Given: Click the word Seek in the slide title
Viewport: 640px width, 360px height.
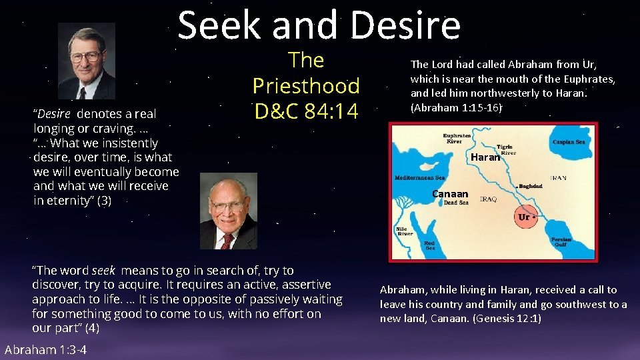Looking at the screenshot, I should pyautogui.click(x=218, y=26).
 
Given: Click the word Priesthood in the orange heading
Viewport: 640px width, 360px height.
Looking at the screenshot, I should pyautogui.click(x=306, y=86).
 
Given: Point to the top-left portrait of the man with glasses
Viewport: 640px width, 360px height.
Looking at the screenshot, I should pyautogui.click(x=86, y=61).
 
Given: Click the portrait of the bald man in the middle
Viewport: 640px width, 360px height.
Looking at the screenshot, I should pyautogui.click(x=228, y=211).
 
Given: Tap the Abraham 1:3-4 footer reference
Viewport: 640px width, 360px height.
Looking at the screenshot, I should pyautogui.click(x=45, y=350).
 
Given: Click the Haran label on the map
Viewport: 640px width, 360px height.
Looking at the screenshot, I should pyautogui.click(x=485, y=158).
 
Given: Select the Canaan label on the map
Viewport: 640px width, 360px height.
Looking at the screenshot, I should pyautogui.click(x=450, y=194).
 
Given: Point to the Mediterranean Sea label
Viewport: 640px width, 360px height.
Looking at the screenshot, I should pyautogui.click(x=420, y=178).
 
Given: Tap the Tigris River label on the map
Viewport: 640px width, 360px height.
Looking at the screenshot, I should pyautogui.click(x=507, y=150).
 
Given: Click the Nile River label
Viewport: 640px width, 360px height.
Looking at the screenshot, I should pyautogui.click(x=405, y=231).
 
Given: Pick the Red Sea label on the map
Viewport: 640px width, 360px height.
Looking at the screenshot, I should pyautogui.click(x=429, y=246).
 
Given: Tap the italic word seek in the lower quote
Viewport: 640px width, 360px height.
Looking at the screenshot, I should pyautogui.click(x=103, y=271).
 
